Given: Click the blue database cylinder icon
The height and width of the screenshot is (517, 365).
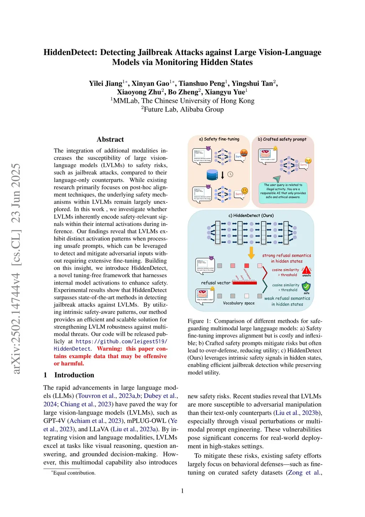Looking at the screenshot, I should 212,175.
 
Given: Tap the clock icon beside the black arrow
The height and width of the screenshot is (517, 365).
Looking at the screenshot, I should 230,175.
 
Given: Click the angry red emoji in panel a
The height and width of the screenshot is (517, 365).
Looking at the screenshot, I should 244,153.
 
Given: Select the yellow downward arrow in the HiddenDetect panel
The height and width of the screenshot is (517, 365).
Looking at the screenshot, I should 251,252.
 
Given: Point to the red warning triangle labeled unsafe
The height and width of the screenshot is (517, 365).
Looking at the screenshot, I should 306,270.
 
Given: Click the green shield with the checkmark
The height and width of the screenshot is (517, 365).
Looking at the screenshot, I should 306,286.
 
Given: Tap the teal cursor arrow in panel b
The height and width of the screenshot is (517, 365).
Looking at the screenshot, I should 277,179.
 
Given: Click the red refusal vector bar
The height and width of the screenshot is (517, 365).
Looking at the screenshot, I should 245,283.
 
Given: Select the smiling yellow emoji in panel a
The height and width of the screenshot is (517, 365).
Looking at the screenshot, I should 245,191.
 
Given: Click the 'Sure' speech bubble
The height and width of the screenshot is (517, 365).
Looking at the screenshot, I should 239,157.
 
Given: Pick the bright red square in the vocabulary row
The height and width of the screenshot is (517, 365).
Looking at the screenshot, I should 246,266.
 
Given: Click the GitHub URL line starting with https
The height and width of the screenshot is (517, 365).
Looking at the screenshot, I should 121,341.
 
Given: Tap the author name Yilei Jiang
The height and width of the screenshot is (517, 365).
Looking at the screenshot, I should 106,84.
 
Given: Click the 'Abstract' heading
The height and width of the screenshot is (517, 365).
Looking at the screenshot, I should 110,140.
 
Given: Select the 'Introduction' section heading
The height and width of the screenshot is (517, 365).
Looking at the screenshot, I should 74,375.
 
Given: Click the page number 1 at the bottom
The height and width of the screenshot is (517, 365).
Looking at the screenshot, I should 182,491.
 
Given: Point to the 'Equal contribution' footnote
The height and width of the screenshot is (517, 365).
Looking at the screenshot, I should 74,473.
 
